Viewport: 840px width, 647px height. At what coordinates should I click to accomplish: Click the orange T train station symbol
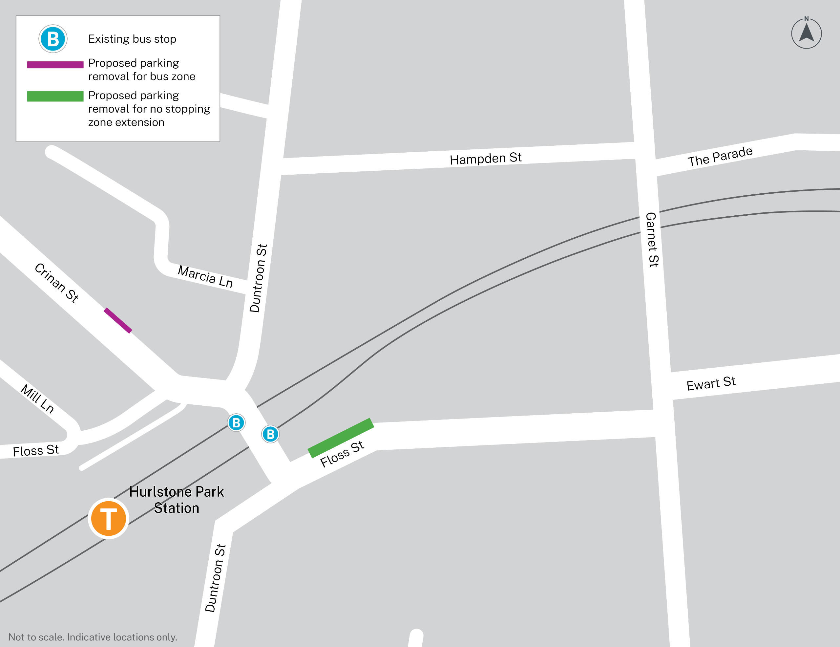pos(109,519)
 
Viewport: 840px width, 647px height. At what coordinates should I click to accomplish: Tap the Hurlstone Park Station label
pos(177,500)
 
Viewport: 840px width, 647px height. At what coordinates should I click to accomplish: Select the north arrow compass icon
pos(806,33)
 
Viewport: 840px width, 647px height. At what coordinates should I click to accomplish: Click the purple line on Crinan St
pos(118,320)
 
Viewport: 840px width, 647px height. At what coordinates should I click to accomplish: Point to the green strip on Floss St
pos(341,438)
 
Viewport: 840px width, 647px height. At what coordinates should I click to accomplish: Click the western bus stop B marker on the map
pos(236,423)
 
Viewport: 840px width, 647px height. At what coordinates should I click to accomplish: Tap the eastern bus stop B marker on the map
pos(270,434)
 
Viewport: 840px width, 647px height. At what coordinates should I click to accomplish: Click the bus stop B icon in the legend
pos(53,39)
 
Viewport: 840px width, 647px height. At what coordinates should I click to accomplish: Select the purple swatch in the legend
pos(55,65)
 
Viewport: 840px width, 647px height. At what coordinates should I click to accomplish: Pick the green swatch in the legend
pos(55,96)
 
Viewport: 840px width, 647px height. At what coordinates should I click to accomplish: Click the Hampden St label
pos(485,159)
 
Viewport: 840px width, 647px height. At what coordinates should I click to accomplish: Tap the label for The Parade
pos(720,157)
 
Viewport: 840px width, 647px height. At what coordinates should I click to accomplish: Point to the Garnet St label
pos(652,239)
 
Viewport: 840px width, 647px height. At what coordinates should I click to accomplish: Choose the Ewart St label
pos(711,383)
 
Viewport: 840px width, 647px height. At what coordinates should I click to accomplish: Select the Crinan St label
pos(56,283)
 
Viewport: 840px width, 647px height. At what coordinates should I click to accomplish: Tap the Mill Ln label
pos(37,399)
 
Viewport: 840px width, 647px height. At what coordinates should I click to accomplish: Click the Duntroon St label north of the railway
pos(258,278)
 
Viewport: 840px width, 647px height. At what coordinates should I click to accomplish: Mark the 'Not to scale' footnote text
pos(93,637)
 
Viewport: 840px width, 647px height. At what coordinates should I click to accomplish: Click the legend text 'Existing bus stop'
pos(132,39)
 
